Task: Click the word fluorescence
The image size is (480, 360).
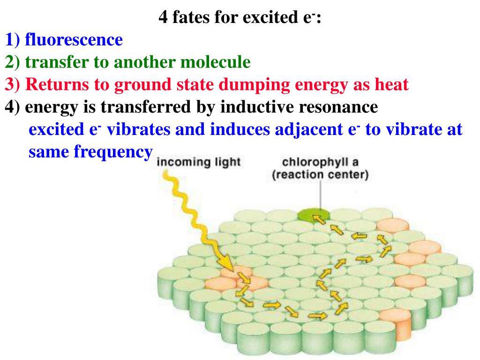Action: pos(74,40)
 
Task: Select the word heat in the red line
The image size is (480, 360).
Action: pos(391,85)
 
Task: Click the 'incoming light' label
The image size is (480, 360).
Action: pos(198,163)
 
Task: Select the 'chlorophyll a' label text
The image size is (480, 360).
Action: pos(320,162)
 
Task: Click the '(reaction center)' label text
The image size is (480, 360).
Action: pos(320,175)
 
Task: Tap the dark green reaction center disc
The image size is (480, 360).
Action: pos(310,215)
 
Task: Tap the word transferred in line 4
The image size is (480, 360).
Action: pos(146,107)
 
